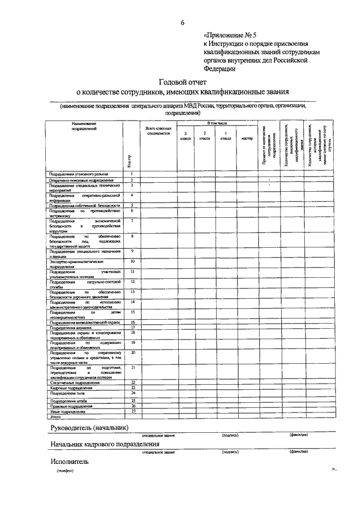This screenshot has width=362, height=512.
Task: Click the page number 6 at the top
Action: (x=182, y=23)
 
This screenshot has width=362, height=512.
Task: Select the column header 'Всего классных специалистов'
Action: (x=158, y=131)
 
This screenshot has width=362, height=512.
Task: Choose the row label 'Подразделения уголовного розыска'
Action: (x=78, y=174)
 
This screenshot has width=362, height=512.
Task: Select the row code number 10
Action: (x=132, y=261)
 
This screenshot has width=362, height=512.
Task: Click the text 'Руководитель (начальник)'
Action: (x=89, y=427)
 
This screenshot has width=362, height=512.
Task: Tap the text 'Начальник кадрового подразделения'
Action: (x=105, y=444)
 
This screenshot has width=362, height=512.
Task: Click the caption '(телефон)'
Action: (x=65, y=470)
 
